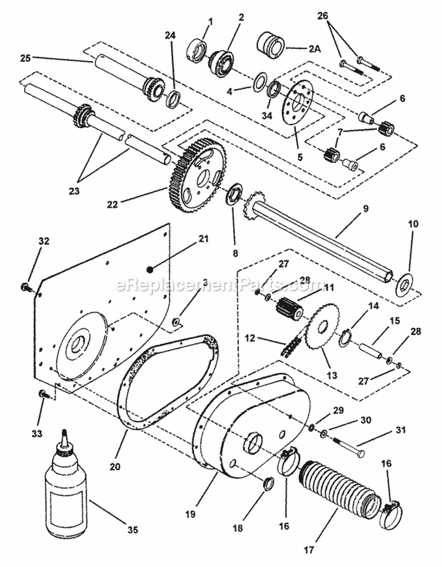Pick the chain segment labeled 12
[x=290, y=348]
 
